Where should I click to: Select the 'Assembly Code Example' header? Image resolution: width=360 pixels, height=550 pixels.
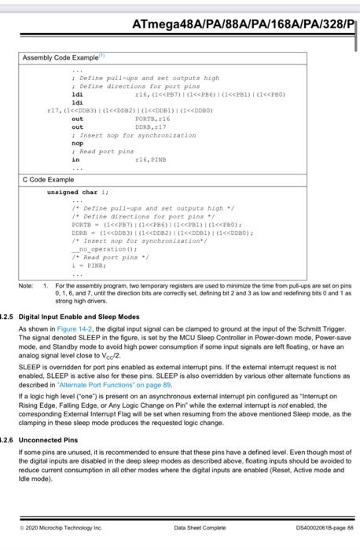click(60, 58)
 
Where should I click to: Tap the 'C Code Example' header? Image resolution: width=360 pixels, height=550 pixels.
click(48, 180)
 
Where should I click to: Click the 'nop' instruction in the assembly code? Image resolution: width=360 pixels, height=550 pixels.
click(77, 144)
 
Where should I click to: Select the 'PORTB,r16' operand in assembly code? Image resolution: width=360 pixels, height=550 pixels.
click(153, 119)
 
